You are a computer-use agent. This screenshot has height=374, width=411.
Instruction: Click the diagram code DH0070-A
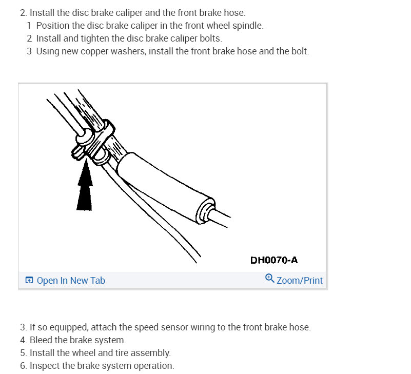coord(274,260)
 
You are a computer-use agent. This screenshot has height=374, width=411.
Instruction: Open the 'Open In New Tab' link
coord(71,280)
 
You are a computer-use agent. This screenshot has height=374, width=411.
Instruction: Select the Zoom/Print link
coord(300,280)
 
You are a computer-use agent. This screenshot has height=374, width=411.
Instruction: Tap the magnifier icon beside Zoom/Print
coord(270,279)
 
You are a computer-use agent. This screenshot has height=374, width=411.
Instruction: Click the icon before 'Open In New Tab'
coord(29,280)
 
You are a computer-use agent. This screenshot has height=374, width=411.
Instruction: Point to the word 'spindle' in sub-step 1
coord(248,26)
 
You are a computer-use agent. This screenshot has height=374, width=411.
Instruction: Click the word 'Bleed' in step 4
coord(42,340)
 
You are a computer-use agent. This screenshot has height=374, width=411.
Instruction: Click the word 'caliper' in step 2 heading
coord(128,12)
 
